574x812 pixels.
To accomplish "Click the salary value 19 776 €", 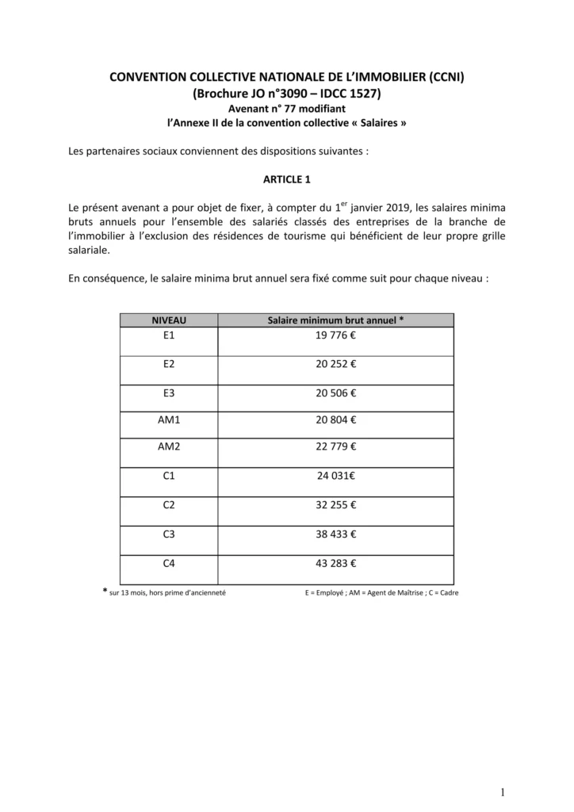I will click(x=336, y=335).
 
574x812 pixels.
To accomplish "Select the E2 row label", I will click(x=168, y=364).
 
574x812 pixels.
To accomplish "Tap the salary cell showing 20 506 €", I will click(x=336, y=393).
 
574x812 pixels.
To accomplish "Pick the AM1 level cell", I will click(x=169, y=420).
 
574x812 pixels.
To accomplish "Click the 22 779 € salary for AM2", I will click(x=336, y=446).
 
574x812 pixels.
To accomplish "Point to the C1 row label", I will click(x=168, y=477).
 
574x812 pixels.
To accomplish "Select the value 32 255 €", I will click(x=336, y=505).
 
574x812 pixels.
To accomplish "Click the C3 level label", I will click(x=168, y=534).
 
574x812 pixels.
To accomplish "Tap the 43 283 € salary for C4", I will click(x=336, y=564).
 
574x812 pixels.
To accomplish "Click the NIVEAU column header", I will click(x=168, y=320).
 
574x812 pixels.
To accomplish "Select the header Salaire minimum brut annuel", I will click(x=336, y=320).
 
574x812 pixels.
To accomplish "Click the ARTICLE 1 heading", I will click(x=287, y=179).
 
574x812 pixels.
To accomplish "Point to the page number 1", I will click(x=503, y=791).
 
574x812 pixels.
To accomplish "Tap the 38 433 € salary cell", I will click(x=336, y=534).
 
